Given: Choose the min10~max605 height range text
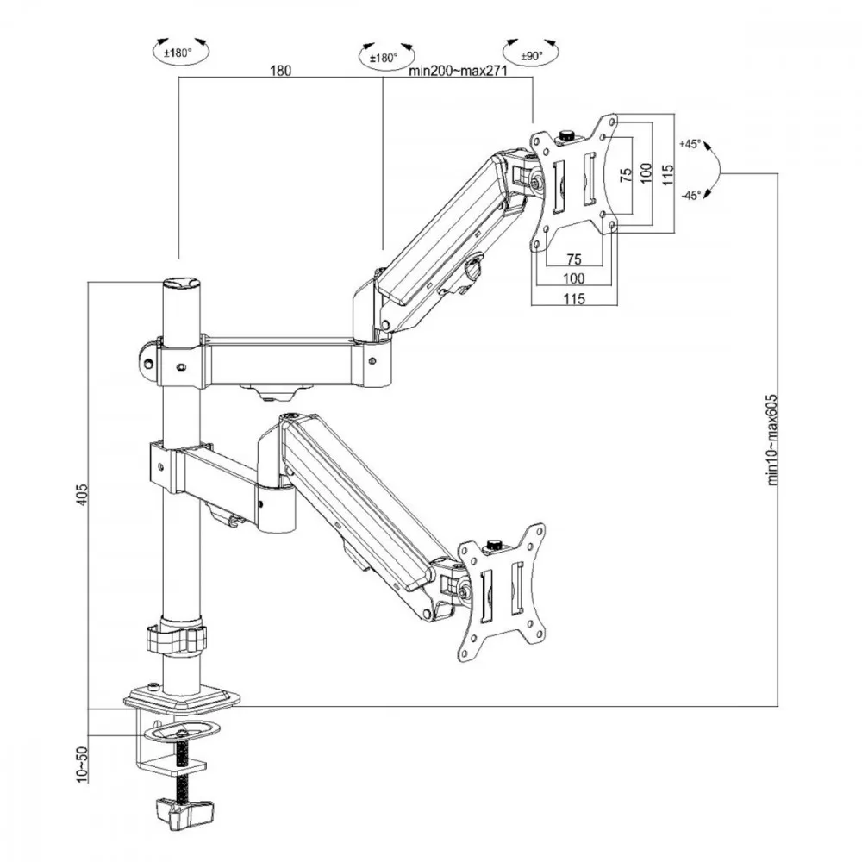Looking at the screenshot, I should pyautogui.click(x=772, y=436).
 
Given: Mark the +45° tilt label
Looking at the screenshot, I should pyautogui.click(x=691, y=144).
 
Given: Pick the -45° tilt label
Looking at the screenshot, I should pyautogui.click(x=690, y=196).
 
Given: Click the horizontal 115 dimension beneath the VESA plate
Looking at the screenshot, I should pyautogui.click(x=575, y=298).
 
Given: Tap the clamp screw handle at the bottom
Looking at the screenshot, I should pyautogui.click(x=184, y=810).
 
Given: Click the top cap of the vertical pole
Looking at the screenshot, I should pyautogui.click(x=180, y=284).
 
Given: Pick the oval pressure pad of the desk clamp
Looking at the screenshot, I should pyautogui.click(x=180, y=732).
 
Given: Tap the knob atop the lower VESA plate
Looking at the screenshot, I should pyautogui.click(x=495, y=545).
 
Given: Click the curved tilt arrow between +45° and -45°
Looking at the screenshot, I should pyautogui.click(x=715, y=170).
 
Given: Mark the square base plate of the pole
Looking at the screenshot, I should pyautogui.click(x=182, y=696).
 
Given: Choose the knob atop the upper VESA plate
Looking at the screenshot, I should pyautogui.click(x=567, y=135).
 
